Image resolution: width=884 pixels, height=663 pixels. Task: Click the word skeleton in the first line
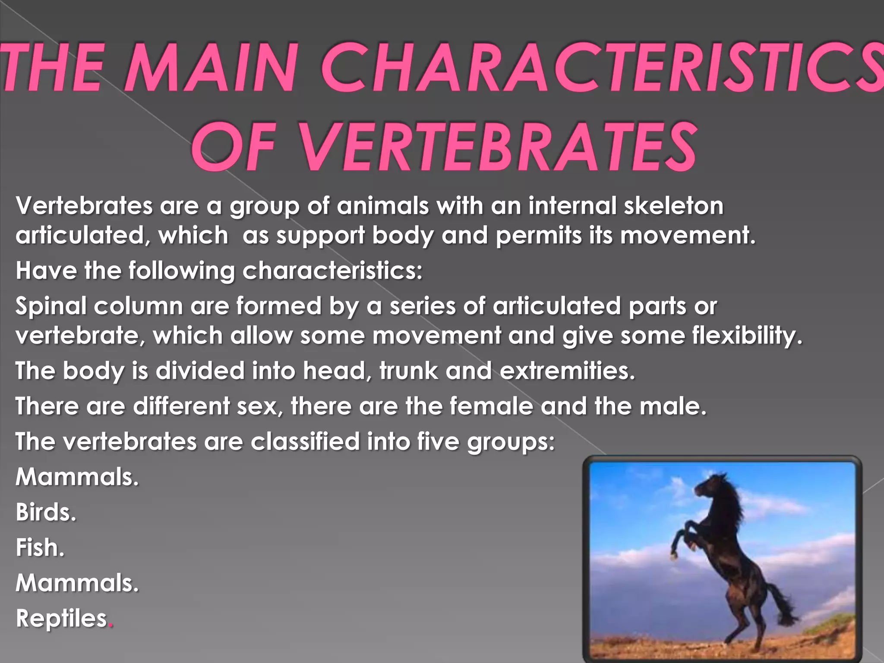(673, 206)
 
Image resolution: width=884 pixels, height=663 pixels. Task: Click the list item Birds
(46, 513)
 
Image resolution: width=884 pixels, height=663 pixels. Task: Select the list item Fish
(40, 548)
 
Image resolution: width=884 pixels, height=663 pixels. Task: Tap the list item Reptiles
(61, 619)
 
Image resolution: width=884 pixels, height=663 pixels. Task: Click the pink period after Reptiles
(110, 625)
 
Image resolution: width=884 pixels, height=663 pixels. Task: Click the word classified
(305, 442)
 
